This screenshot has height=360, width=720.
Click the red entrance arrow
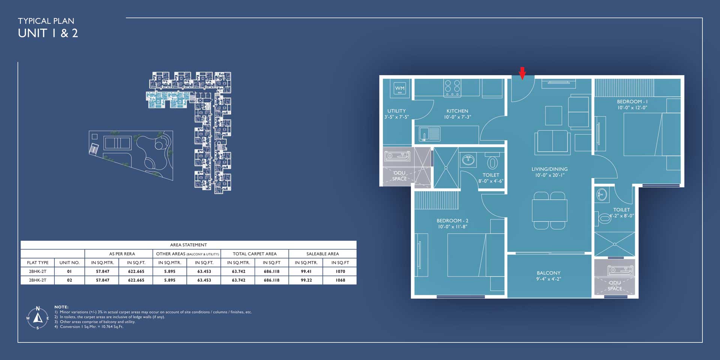pyautogui.click(x=522, y=73)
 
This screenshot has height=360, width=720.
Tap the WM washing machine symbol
pyautogui.click(x=400, y=88)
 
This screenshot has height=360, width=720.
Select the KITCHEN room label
pyautogui.click(x=457, y=111)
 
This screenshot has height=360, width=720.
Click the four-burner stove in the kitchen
pyautogui.click(x=452, y=88)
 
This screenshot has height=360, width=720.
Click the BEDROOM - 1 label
pyautogui.click(x=632, y=102)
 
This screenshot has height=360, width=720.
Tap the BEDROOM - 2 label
pyautogui.click(x=452, y=220)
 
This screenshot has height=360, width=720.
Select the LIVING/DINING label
pyautogui.click(x=549, y=169)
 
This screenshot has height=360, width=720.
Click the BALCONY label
pyautogui.click(x=548, y=273)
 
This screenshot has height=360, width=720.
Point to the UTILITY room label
pyautogui.click(x=396, y=111)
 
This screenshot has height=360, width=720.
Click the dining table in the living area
pyautogui.click(x=549, y=211)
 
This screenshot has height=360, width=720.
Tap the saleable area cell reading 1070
pyautogui.click(x=340, y=271)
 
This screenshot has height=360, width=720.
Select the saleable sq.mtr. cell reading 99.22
pyautogui.click(x=306, y=280)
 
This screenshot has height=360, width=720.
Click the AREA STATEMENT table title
pyautogui.click(x=188, y=245)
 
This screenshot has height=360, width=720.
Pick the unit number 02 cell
pyautogui.click(x=69, y=280)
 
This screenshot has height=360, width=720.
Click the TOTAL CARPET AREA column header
pyautogui.click(x=255, y=254)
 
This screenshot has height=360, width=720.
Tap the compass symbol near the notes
pyautogui.click(x=37, y=318)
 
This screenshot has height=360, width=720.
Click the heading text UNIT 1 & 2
pyautogui.click(x=48, y=33)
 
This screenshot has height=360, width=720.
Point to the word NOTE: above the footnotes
pyautogui.click(x=61, y=307)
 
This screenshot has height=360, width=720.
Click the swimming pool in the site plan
pyautogui.click(x=117, y=143)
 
